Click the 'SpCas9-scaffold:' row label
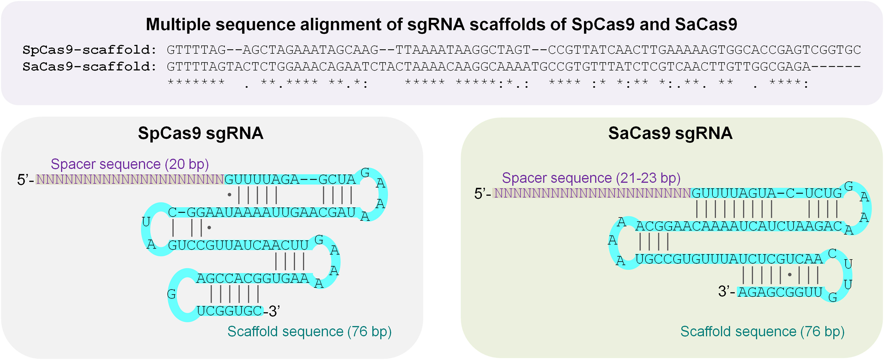89,50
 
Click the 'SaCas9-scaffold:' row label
89,67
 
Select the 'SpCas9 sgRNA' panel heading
200,133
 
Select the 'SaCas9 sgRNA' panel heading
670,133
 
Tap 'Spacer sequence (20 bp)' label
130,164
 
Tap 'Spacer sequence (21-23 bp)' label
591,178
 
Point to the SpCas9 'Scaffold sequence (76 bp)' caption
309,332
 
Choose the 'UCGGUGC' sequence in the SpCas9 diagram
229,311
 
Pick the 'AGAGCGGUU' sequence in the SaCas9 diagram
780,292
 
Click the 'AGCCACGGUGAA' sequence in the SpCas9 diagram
253,278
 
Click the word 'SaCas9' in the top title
706,25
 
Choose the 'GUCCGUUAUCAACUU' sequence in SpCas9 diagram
238,246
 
